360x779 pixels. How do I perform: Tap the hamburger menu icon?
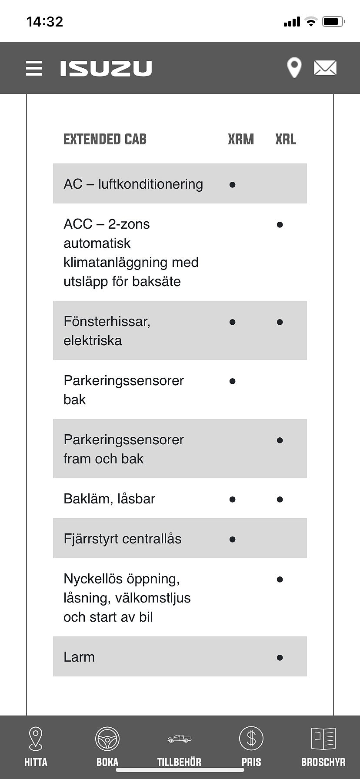click(34, 68)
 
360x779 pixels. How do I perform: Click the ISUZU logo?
click(106, 68)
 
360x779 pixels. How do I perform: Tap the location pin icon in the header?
click(294, 68)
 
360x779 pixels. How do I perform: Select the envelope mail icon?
click(325, 68)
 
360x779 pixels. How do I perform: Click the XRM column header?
click(240, 140)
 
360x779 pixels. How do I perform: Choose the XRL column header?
click(286, 140)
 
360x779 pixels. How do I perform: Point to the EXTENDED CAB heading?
click(105, 140)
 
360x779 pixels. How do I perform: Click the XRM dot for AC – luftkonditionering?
click(232, 185)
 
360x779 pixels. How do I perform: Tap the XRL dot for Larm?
click(280, 658)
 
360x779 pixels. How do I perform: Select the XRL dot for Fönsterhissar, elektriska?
click(280, 322)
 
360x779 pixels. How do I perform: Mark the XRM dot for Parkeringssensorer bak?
click(232, 381)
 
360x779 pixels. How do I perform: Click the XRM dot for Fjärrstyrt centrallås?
click(232, 539)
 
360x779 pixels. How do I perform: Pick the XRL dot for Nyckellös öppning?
click(280, 579)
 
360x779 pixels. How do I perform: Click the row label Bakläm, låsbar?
click(109, 499)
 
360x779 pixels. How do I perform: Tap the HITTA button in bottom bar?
click(36, 746)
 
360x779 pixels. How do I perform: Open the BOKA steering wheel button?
click(107, 746)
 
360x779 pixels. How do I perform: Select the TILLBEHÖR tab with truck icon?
click(179, 746)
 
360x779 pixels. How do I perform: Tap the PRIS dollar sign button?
click(251, 746)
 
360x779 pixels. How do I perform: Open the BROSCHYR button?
click(323, 746)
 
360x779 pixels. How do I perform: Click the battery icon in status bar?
click(333, 21)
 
